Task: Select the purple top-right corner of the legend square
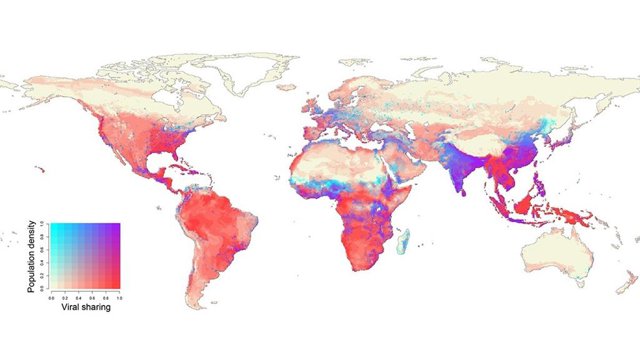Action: tap(118, 225)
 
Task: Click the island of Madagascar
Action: tap(404, 240)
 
